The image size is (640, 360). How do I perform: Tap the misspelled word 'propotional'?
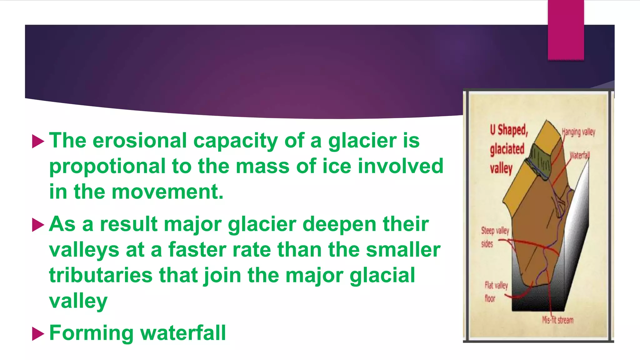(107, 167)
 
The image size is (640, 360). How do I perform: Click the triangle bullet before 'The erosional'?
(38, 142)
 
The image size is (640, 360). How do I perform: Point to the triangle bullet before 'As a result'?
(38, 225)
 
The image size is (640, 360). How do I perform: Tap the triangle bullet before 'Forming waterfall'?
(38, 334)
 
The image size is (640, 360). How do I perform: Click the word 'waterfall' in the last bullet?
(183, 333)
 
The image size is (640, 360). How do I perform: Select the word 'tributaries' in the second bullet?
(101, 275)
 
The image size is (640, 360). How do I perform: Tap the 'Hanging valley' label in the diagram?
(578, 132)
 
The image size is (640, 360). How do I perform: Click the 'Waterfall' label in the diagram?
(580, 155)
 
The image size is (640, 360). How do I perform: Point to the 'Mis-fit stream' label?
(558, 320)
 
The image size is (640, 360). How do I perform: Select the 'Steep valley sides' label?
(494, 237)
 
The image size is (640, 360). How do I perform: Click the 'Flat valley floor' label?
(496, 292)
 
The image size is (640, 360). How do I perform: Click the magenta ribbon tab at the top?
(566, 30)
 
